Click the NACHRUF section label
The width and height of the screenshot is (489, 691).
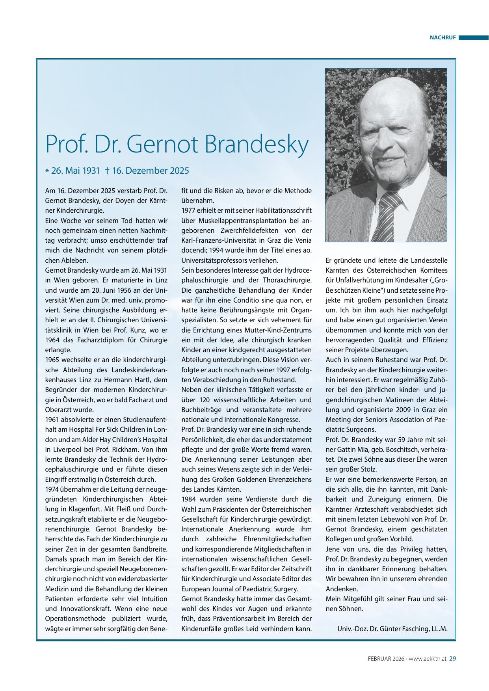click(443, 38)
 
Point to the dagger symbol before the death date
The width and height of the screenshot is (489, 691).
click(107, 171)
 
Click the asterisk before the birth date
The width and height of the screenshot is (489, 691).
click(47, 171)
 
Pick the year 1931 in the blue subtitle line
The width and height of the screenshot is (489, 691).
click(91, 171)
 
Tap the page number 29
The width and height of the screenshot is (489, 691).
click(452, 658)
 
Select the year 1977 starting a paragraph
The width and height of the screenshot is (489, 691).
click(189, 211)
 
